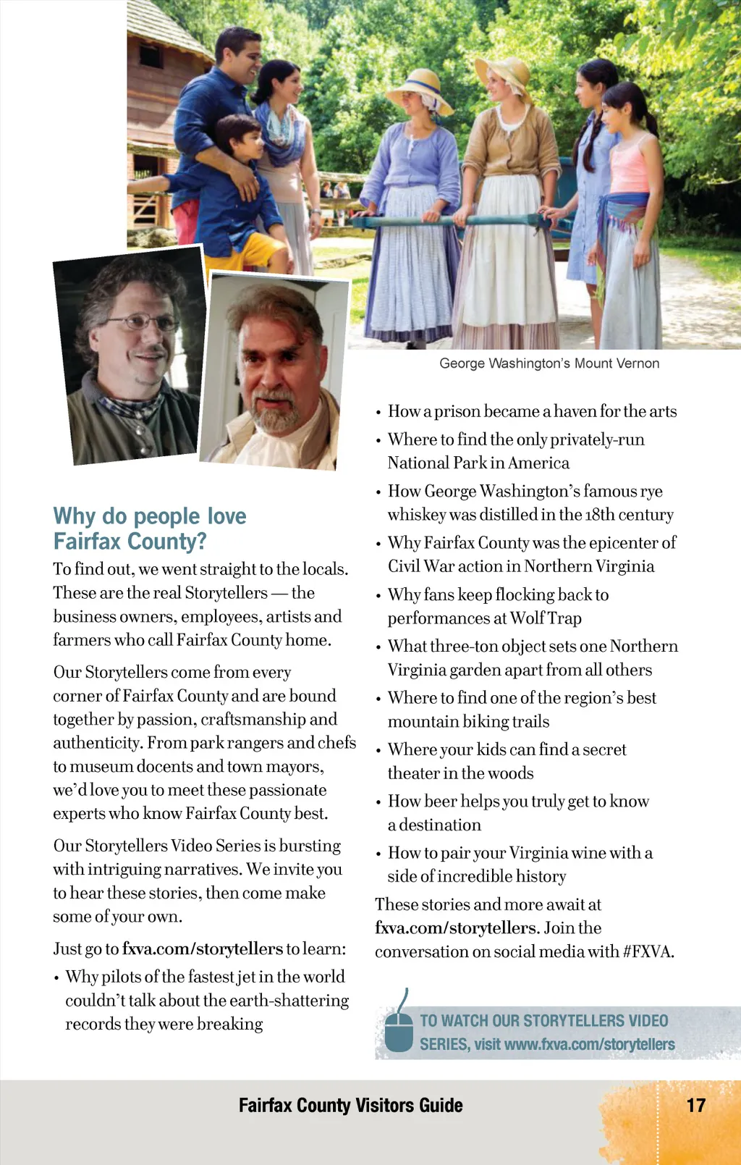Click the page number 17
[x=695, y=1105]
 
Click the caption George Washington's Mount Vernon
[x=549, y=363]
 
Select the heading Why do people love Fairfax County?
[x=149, y=529]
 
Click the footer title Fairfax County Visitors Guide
[x=350, y=1105]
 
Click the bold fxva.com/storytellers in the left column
[x=203, y=949]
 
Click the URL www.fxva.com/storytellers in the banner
[x=589, y=1044]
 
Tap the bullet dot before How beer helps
[x=378, y=802]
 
